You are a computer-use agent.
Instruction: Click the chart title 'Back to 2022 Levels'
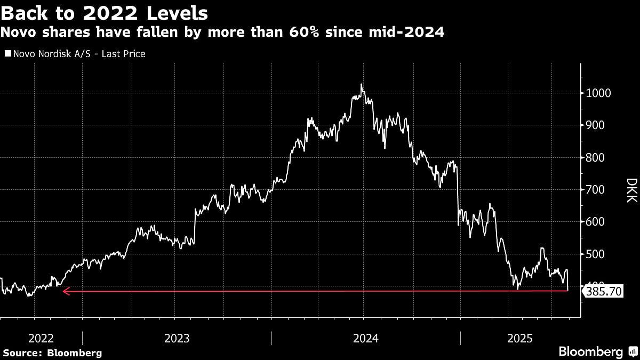point(104,12)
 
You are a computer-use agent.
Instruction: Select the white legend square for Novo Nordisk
point(7,54)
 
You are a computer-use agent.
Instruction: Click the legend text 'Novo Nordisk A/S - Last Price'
point(79,54)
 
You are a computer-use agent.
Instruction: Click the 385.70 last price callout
point(603,292)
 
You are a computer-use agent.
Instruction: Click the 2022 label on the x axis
point(41,338)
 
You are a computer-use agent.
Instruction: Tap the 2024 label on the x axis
point(366,338)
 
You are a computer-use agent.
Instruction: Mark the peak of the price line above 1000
point(362,84)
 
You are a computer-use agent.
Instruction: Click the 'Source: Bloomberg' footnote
point(52,353)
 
